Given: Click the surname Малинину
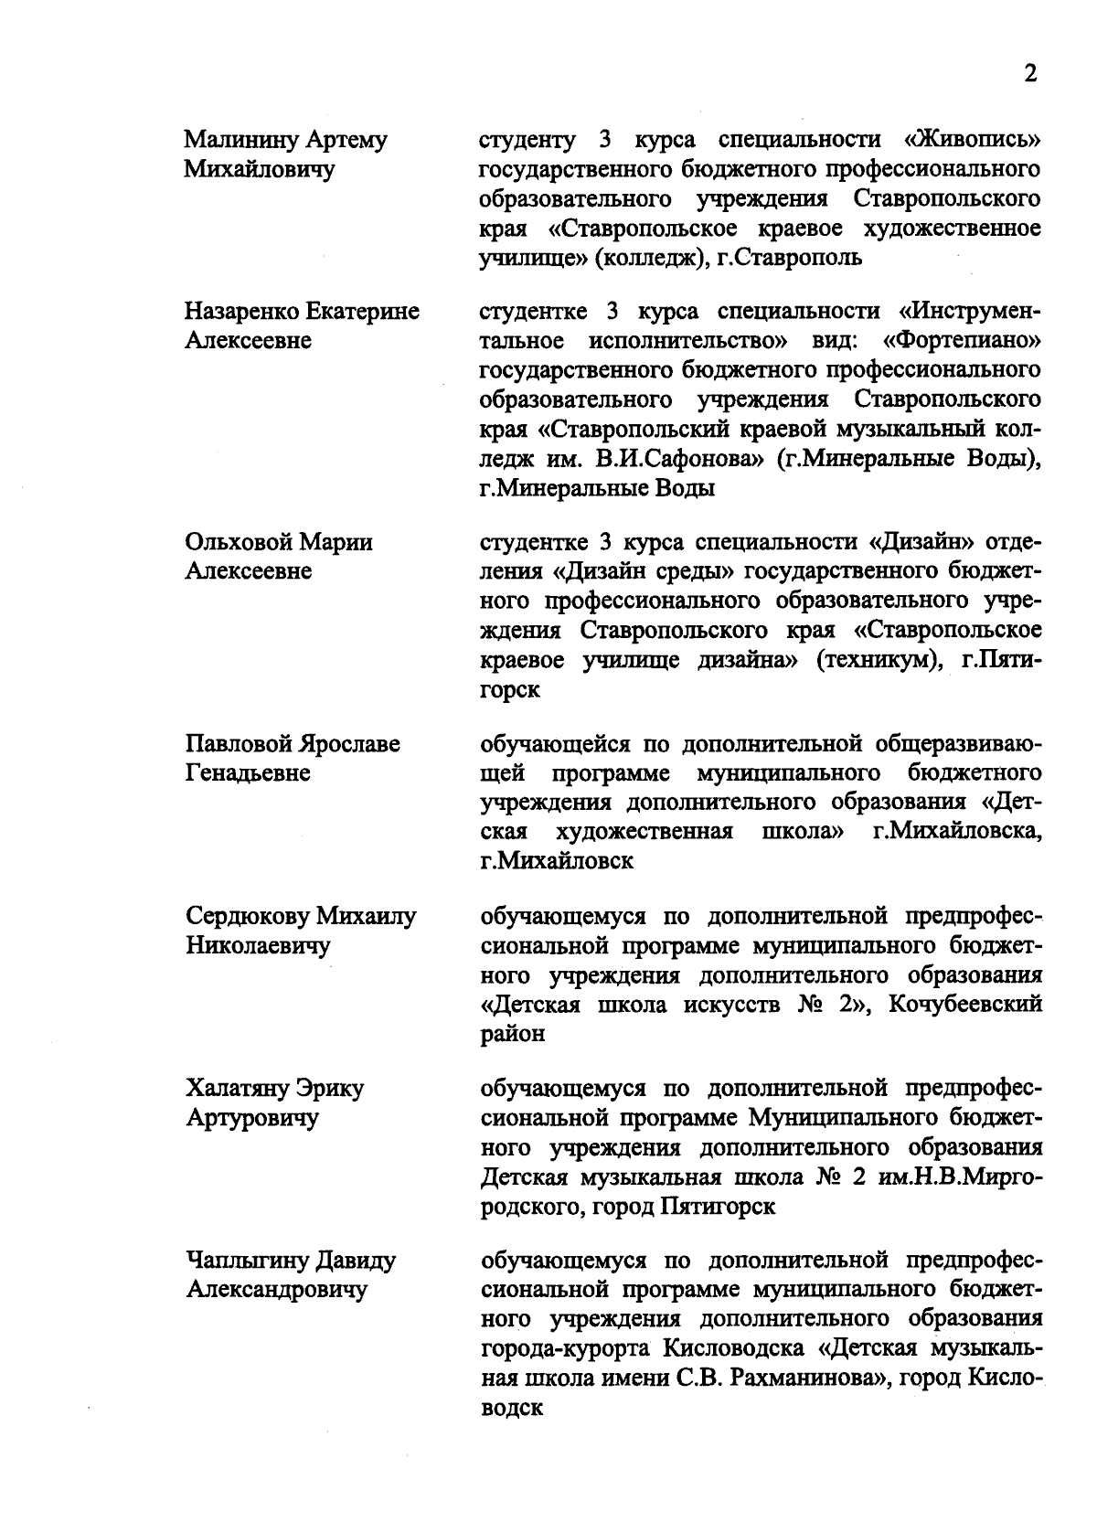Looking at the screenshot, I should tap(240, 141).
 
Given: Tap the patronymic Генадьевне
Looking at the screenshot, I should tap(249, 773).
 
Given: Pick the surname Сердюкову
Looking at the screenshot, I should tap(246, 916).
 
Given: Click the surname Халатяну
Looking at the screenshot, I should tap(238, 1089).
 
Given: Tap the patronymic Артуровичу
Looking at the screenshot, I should tap(252, 1118).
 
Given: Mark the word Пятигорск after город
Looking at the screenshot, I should tap(717, 1207).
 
